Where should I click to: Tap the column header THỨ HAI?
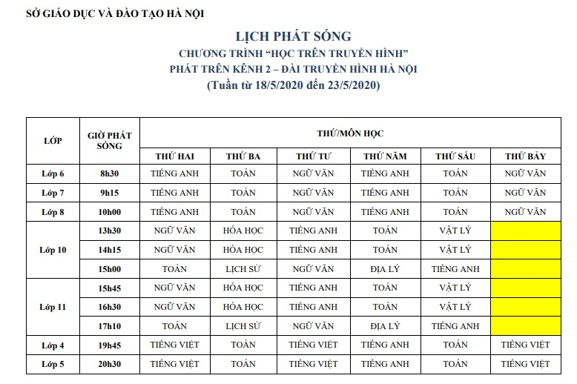coord(174,156)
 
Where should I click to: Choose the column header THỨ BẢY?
coord(525,156)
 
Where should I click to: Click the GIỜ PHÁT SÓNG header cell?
coord(109,140)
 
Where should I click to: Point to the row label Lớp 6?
coord(53,174)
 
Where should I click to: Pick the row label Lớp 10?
coord(53,250)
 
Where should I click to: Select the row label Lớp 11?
coord(53,306)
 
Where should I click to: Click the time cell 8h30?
coord(109,174)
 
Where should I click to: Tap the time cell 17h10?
coord(109,325)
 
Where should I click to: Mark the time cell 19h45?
coord(109,345)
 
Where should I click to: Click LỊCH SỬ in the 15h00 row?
coord(243,268)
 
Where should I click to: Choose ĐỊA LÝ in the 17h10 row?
coord(385,325)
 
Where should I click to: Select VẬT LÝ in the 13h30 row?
coord(455,231)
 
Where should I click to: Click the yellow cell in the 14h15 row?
coord(525,250)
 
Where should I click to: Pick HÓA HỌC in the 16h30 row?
coord(243,306)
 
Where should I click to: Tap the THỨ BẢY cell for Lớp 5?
coord(525,364)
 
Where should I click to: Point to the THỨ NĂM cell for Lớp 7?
coord(385,193)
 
